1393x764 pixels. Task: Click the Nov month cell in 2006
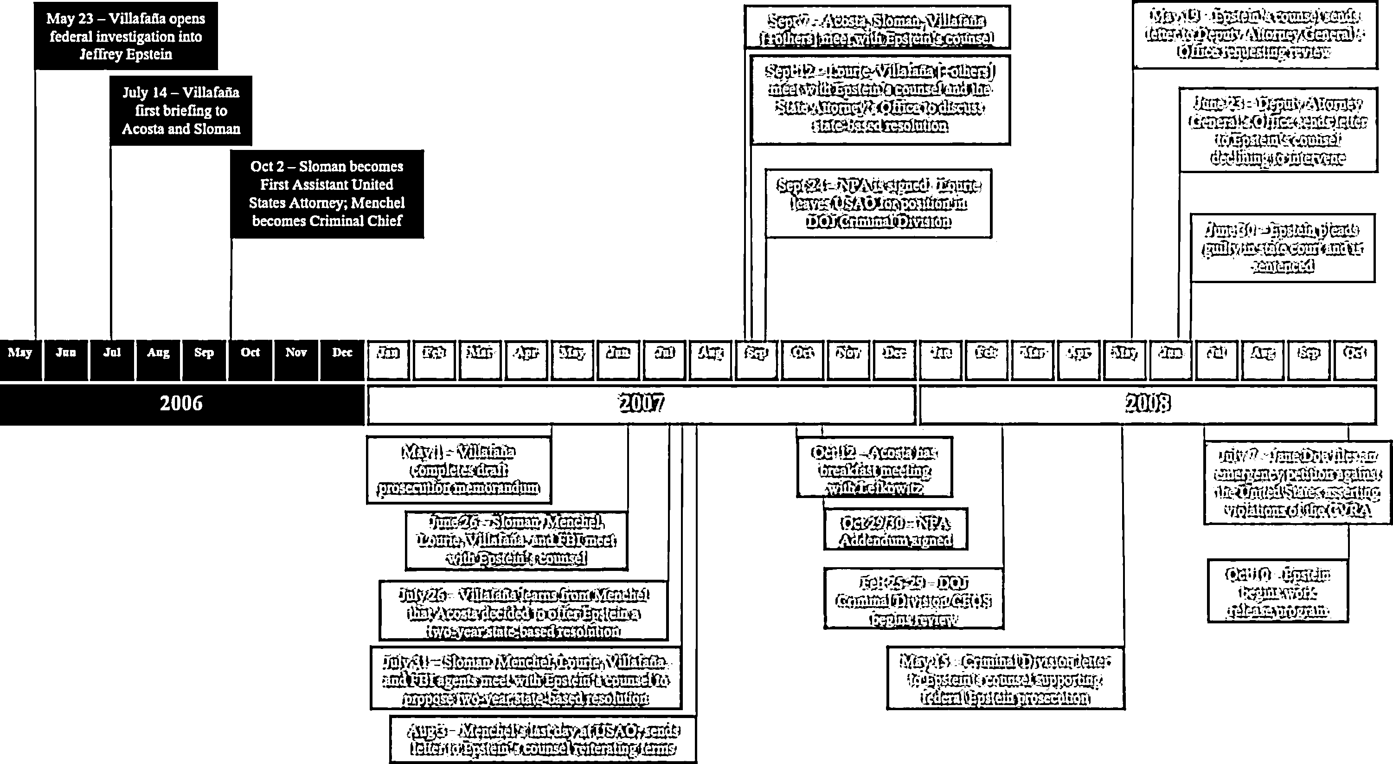coord(296,353)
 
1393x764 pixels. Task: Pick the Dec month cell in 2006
coord(342,353)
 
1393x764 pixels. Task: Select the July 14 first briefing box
coord(180,110)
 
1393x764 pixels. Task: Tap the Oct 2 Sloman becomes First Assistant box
coord(327,194)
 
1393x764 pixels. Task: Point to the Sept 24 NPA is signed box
coord(878,203)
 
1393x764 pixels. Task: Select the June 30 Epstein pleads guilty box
coord(1283,248)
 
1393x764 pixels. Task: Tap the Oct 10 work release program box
coord(1277,591)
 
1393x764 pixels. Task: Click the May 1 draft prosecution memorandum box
coord(459,470)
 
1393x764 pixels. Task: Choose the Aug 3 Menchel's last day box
coord(543,740)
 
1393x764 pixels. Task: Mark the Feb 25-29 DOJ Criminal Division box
coord(913,598)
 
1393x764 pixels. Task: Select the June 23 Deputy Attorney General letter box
coord(1278,130)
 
